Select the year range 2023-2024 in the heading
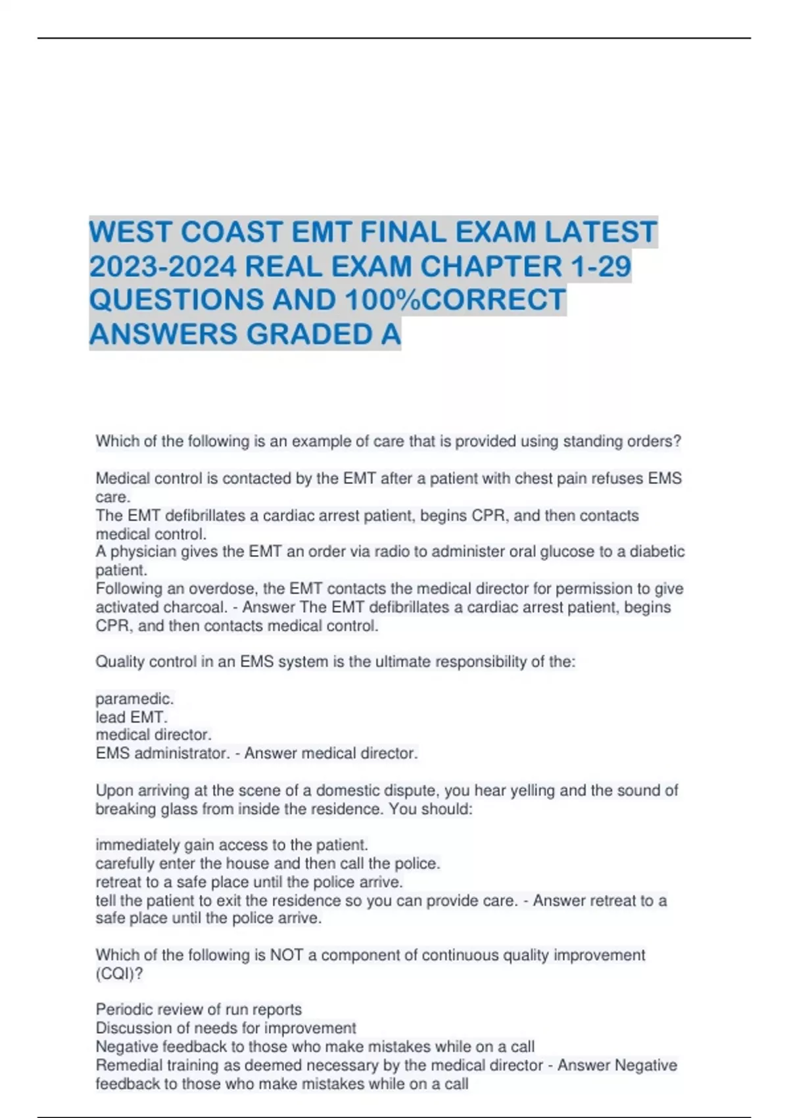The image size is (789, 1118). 162,266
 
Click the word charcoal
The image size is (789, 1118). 194,607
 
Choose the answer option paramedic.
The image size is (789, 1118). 134,698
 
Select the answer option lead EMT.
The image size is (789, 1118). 131,717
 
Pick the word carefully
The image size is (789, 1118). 124,863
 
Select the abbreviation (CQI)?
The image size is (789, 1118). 119,973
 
